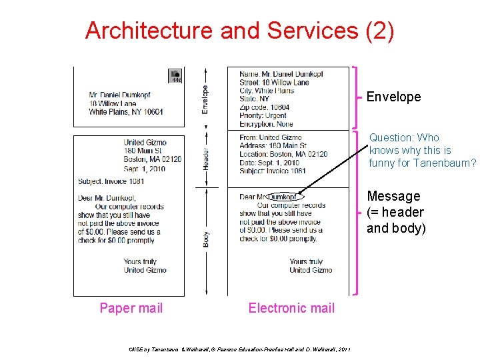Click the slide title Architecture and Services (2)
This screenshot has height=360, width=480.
tap(239, 31)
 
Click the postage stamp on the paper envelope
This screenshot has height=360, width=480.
tap(175, 76)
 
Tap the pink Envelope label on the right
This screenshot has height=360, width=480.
tap(393, 97)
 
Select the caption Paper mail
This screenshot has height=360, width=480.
tap(131, 307)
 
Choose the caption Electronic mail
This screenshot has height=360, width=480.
tap(291, 307)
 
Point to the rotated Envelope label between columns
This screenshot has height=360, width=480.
tap(205, 99)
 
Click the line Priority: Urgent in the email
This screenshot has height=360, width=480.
tap(263, 115)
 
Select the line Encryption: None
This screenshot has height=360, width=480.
tap(266, 123)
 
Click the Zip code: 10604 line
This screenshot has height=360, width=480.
tap(264, 107)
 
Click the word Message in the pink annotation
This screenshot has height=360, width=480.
tap(393, 196)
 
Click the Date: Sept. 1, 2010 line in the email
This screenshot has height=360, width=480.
tap(269, 162)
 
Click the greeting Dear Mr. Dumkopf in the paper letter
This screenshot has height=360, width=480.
tap(107, 197)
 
